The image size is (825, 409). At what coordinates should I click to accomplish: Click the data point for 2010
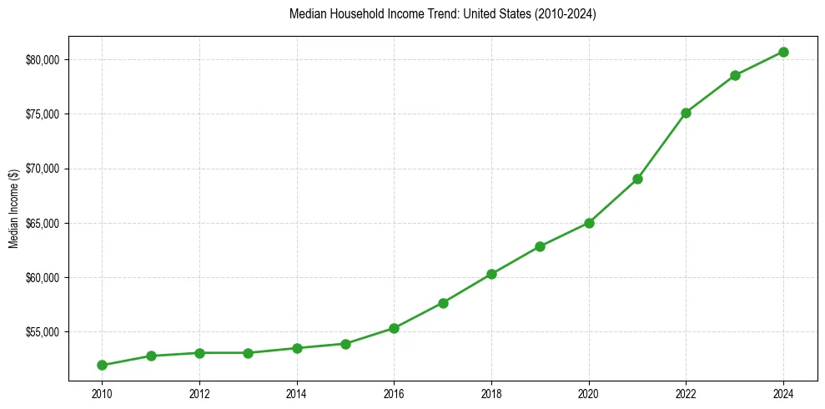[x=102, y=365]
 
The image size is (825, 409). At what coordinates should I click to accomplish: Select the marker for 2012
[x=199, y=353]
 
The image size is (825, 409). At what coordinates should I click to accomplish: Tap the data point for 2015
[x=345, y=344]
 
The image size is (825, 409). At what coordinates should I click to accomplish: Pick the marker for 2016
[x=394, y=328]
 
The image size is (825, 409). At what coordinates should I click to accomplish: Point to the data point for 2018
[x=491, y=274]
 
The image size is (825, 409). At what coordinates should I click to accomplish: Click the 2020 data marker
[x=589, y=223]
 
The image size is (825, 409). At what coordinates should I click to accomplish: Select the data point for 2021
[x=637, y=179]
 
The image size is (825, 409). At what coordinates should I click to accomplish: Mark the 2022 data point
[x=686, y=113]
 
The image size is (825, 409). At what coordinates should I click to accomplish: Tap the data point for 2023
[x=735, y=75]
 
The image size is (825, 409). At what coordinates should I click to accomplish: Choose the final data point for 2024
[x=783, y=52]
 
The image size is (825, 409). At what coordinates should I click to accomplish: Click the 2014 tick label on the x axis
[x=297, y=391]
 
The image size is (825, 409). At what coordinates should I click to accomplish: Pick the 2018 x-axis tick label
[x=491, y=391]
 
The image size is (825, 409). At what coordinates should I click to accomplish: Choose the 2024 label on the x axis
[x=783, y=391]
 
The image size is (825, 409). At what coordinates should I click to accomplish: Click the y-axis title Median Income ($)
[x=13, y=210]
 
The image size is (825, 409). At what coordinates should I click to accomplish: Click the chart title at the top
[x=442, y=14]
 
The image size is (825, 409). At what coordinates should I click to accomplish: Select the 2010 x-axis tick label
[x=102, y=391]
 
